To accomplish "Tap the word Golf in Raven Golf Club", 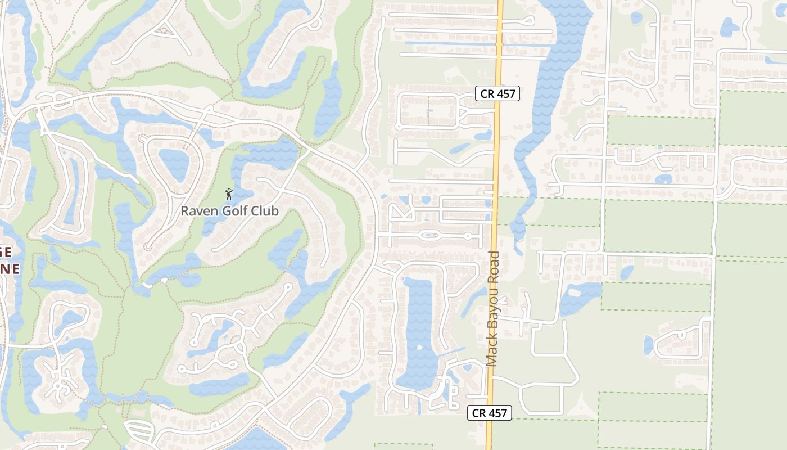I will point(238,211).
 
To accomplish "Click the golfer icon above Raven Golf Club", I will point(228,195).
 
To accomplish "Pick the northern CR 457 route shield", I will point(497,94).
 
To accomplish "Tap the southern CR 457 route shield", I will point(490,413).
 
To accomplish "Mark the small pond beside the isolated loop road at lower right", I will point(648,344).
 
